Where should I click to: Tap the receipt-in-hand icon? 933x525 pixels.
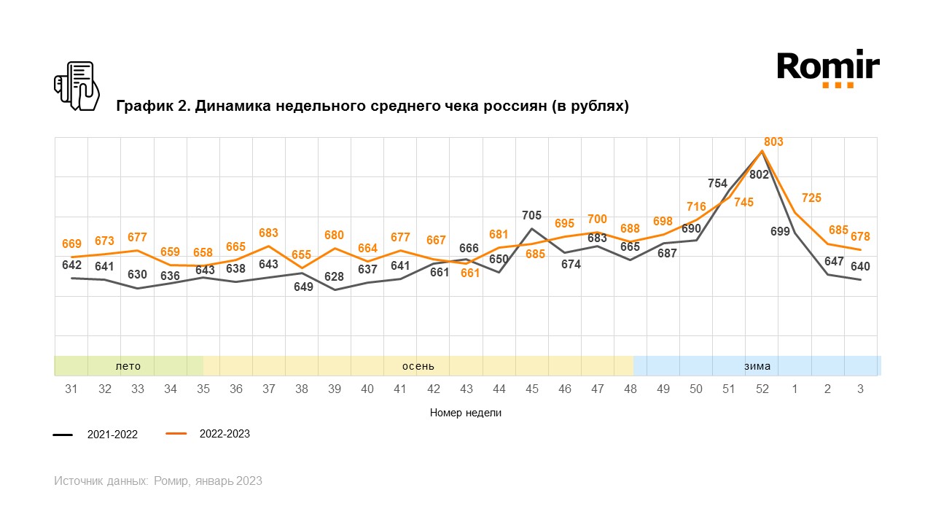(77, 86)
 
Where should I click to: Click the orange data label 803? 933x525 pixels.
(773, 142)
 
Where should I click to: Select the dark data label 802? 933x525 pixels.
(759, 174)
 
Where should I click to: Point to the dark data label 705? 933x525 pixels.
(532, 215)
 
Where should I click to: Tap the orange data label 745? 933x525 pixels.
(743, 202)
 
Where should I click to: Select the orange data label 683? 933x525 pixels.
(268, 233)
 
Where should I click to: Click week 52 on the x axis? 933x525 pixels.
(762, 389)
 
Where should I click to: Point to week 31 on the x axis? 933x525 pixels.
(71, 389)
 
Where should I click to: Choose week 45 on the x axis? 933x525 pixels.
(532, 389)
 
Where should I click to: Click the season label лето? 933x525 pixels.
(128, 366)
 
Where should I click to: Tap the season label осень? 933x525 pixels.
(418, 366)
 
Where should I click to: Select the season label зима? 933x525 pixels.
(757, 366)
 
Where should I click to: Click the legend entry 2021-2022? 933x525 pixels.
(112, 435)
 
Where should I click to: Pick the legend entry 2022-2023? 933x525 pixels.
(225, 434)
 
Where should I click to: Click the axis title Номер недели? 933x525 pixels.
(466, 413)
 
